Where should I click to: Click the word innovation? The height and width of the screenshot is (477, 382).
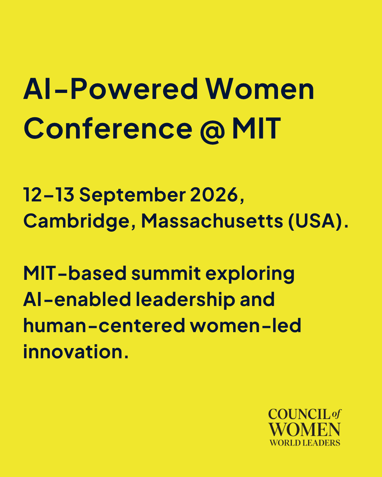pyautogui.click(x=76, y=352)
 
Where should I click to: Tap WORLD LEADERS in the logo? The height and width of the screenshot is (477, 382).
pyautogui.click(x=304, y=442)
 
